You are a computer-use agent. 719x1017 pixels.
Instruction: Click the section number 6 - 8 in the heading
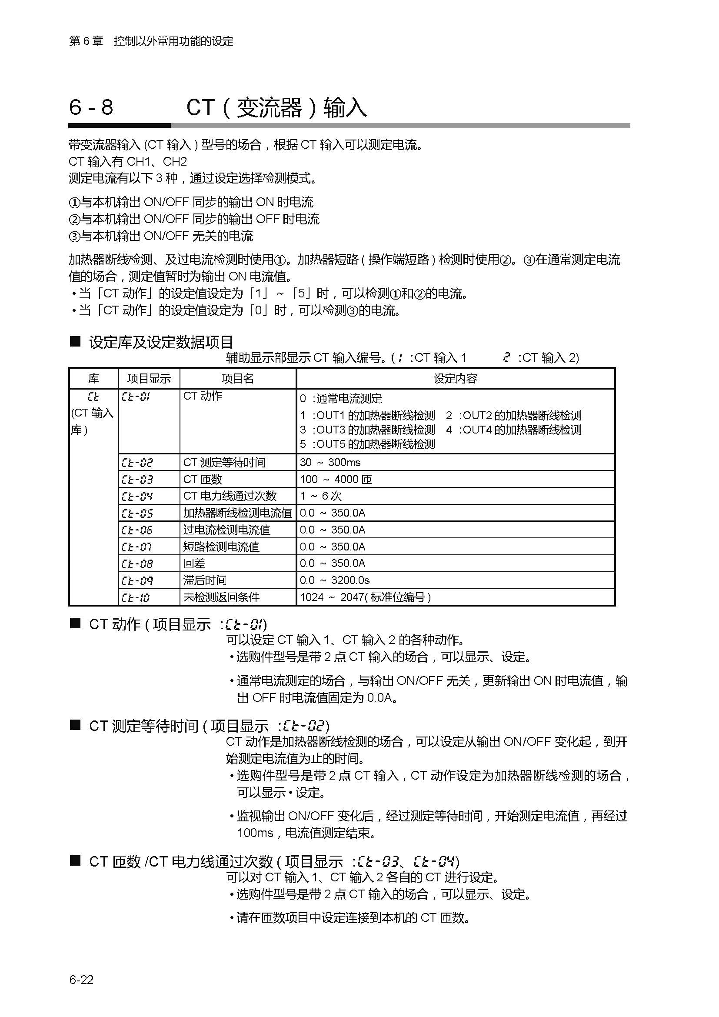click(91, 108)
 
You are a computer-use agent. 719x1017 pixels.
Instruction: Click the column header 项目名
click(238, 378)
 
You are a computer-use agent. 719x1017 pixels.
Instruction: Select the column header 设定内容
click(455, 378)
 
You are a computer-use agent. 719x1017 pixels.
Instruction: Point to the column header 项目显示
click(149, 378)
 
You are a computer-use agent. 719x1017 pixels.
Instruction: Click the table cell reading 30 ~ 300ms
click(330, 463)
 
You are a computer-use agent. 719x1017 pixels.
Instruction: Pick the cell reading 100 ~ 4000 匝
click(336, 479)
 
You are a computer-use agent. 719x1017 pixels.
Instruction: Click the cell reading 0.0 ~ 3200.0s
click(335, 580)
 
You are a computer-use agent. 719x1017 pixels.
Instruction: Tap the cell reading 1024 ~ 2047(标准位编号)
click(365, 597)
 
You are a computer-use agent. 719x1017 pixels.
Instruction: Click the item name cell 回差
click(194, 564)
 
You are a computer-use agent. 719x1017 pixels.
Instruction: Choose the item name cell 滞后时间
click(205, 580)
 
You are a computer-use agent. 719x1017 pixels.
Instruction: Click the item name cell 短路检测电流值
click(221, 547)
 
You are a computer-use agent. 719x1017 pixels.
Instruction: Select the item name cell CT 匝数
click(203, 479)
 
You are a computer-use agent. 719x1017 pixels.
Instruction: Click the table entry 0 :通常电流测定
click(341, 398)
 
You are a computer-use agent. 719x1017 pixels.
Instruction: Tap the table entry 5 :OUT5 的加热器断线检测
click(367, 444)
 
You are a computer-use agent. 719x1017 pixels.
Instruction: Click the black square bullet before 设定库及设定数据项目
click(75, 341)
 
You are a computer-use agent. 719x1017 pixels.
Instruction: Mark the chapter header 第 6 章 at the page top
click(86, 41)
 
